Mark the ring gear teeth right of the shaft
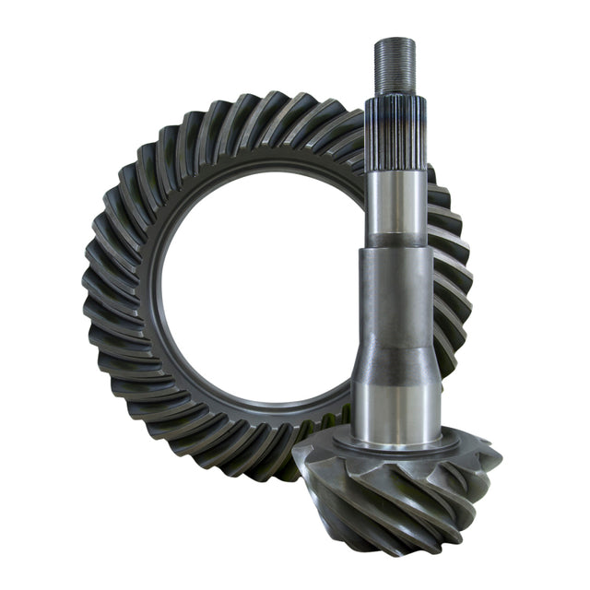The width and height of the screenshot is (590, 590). [x=452, y=277]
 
